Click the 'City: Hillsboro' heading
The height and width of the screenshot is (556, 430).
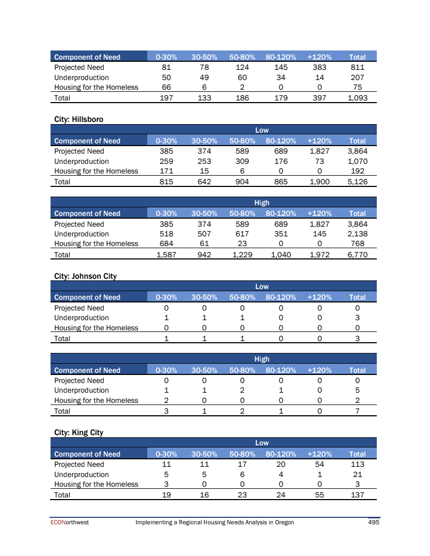click(78, 119)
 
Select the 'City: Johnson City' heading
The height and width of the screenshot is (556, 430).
click(85, 276)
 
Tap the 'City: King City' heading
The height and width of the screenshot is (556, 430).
click(79, 432)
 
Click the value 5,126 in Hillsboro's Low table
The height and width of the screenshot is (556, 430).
click(357, 182)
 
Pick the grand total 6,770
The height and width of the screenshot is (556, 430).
click(357, 255)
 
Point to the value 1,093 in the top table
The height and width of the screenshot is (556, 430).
click(357, 98)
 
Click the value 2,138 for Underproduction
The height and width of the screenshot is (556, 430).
click(357, 234)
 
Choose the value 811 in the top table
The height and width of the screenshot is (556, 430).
click(357, 67)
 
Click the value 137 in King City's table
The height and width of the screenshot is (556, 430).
click(357, 495)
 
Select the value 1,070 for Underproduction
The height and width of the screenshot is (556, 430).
click(357, 161)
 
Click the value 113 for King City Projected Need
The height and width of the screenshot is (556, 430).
click(357, 464)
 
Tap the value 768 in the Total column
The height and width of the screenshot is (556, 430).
click(357, 244)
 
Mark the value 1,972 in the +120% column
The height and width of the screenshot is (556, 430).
click(319, 255)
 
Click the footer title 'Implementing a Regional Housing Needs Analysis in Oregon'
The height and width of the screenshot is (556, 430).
click(214, 522)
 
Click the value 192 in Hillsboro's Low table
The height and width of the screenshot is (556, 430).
click(357, 171)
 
